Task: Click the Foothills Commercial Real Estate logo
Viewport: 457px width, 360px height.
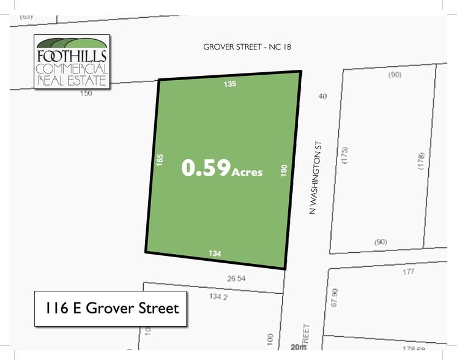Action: click(x=72, y=61)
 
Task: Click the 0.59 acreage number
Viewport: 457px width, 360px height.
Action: click(x=206, y=168)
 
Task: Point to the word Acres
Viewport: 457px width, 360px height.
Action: click(x=247, y=173)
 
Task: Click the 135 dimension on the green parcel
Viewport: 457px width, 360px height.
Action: click(x=229, y=84)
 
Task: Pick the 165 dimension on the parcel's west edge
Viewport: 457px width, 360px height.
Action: click(x=160, y=160)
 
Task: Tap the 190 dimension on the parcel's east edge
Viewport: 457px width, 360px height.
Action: click(x=284, y=171)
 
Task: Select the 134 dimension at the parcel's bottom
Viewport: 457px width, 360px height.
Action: click(x=214, y=253)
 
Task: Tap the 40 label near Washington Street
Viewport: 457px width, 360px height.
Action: click(x=323, y=96)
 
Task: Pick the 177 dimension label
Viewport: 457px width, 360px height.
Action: click(x=409, y=272)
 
